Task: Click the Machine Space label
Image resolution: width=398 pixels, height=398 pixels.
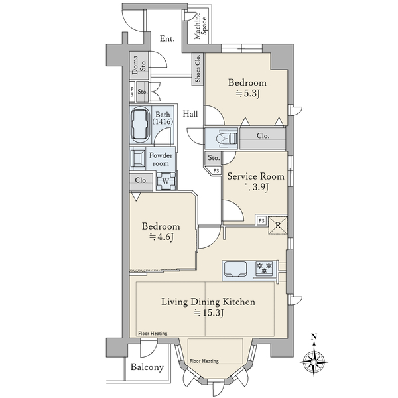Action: point(200,27)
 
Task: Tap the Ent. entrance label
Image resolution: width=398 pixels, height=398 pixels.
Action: point(167,39)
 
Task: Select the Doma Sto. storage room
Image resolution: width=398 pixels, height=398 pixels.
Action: point(139,65)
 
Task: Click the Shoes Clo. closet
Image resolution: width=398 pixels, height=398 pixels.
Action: point(198,69)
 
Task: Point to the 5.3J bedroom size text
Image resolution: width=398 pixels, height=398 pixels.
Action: point(247,94)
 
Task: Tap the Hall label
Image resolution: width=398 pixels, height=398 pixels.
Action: point(190,114)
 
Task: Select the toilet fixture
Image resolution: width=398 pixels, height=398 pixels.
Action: point(227,139)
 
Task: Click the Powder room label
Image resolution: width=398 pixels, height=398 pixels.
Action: point(161,159)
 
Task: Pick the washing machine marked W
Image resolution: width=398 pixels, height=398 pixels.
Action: point(166,181)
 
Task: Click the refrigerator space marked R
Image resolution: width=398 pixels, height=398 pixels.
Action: point(278,225)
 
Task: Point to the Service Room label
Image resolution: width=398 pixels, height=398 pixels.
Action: point(255,176)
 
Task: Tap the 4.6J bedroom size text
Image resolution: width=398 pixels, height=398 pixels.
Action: point(161,237)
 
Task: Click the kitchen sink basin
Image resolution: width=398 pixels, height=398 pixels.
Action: point(235,269)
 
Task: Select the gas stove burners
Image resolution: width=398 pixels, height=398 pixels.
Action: point(264,268)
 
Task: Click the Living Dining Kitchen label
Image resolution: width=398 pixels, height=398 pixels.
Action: point(208,302)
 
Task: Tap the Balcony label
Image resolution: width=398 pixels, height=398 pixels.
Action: point(147,367)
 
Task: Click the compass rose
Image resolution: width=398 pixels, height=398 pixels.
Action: point(314,362)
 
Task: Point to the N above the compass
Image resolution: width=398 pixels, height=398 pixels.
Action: point(314,337)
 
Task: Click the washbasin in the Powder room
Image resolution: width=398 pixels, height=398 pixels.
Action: point(137,159)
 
